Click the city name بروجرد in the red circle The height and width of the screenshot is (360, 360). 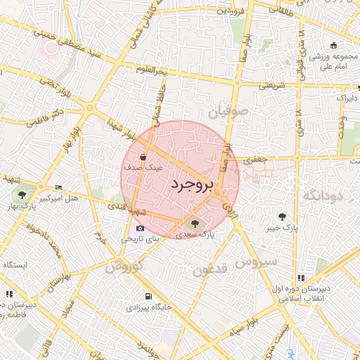point(191,185)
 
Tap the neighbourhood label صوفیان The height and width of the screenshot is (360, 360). point(228,111)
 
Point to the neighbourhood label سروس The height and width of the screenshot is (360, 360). point(258,262)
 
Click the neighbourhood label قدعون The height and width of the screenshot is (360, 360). point(210,270)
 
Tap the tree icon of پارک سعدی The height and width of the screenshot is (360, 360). point(195,224)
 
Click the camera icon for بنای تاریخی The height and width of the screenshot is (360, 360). point(141,228)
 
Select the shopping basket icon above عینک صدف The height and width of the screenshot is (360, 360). point(143,157)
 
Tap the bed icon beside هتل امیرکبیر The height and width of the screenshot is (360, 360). point(58,187)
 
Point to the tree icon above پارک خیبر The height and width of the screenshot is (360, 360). point(283,217)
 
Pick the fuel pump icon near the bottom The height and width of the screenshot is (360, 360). point(148,296)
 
